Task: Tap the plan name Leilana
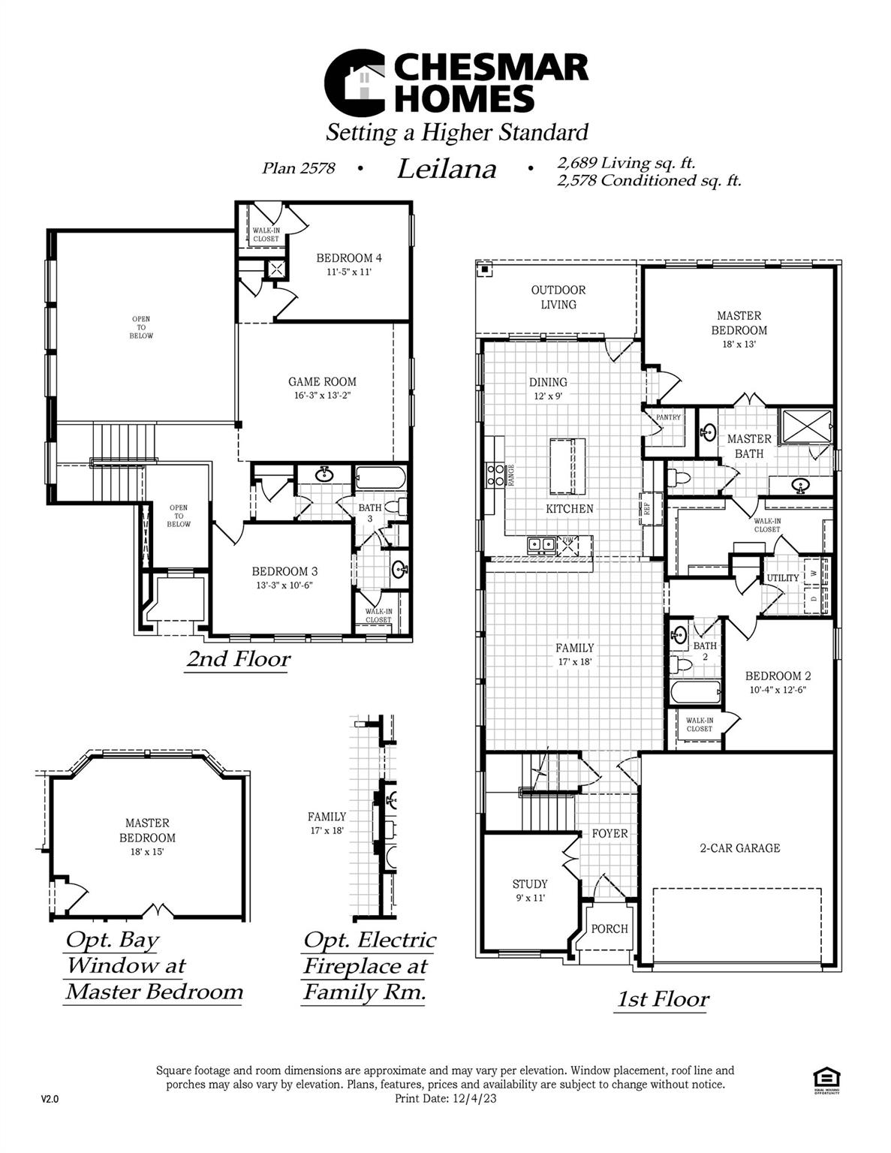pos(447,169)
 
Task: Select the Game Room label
pos(322,381)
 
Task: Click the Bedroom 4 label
pos(349,258)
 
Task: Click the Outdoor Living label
pos(558,297)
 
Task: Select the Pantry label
pos(668,417)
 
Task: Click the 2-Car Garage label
pos(739,848)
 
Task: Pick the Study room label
pos(530,884)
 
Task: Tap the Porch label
pos(609,929)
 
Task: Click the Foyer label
pos(610,833)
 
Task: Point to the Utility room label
pos(782,578)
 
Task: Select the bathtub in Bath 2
pos(695,691)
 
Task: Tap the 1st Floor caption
pos(662,999)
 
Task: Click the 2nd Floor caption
pos(238,659)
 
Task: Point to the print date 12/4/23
pos(474,1098)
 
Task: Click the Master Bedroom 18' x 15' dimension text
pos(147,851)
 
